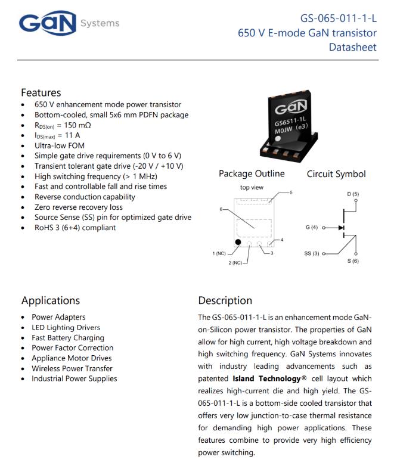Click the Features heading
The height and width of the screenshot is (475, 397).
(41, 92)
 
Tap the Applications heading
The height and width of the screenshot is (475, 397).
(50, 300)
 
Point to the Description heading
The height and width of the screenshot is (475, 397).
(225, 300)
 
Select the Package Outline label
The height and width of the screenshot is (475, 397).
(252, 174)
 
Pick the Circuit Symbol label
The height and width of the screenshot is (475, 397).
(336, 174)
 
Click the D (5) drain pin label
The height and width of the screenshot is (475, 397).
(353, 194)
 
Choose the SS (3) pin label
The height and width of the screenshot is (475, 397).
(312, 254)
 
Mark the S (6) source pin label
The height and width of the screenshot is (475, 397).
(353, 262)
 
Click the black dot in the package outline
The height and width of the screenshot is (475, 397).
(238, 242)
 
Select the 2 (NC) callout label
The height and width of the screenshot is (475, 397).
(237, 263)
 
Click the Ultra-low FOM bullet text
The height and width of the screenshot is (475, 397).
(60, 145)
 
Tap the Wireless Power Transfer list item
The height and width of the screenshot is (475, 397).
(72, 368)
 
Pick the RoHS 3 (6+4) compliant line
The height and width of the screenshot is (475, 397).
(75, 227)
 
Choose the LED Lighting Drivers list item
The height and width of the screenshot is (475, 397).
(66, 327)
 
